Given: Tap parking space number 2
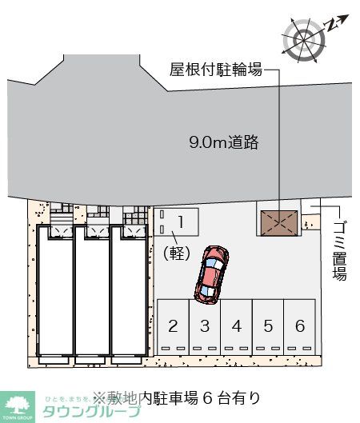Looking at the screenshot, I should pyautogui.click(x=173, y=326).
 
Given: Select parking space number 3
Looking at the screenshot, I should pyautogui.click(x=205, y=326).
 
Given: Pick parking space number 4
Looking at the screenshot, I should pyautogui.click(x=236, y=326).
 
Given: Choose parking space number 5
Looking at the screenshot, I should pyautogui.click(x=268, y=326).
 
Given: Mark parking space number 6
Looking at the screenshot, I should pyautogui.click(x=299, y=326).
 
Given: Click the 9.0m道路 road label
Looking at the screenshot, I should pyautogui.click(x=223, y=143).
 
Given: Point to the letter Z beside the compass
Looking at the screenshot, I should pyautogui.click(x=331, y=25).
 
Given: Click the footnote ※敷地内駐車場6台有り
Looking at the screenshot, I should pyautogui.click(x=176, y=396).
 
